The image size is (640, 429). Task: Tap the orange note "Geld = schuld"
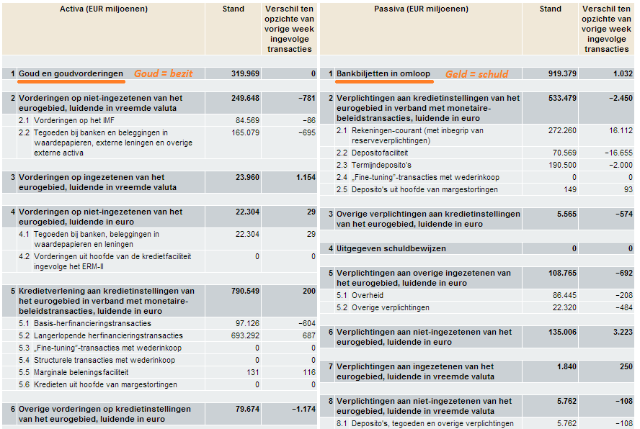point(476,73)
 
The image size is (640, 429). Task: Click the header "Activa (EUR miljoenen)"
point(104,9)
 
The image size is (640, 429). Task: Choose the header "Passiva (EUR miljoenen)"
point(421,9)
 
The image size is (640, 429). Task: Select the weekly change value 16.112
point(618,130)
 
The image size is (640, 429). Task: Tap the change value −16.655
point(616,153)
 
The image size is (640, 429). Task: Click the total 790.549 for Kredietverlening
point(244,291)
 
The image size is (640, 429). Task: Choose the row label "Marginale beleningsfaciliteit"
point(82,372)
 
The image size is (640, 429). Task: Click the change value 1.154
point(302,177)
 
